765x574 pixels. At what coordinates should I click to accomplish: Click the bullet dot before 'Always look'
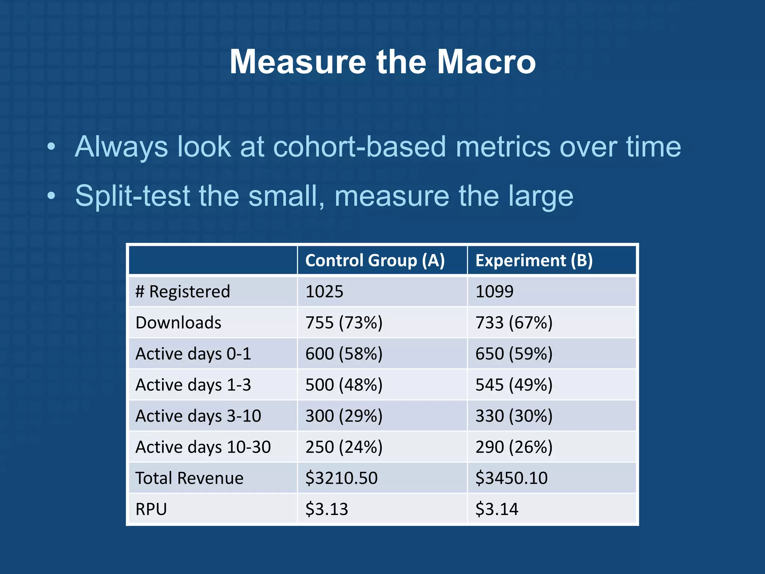pos(51,146)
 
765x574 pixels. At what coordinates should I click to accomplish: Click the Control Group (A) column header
pos(375,260)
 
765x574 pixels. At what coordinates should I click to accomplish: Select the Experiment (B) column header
pos(534,260)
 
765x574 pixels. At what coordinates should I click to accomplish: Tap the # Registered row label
pos(183,291)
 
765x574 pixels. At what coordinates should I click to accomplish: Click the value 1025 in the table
pos(324,291)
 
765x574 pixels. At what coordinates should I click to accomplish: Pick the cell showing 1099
pos(494,291)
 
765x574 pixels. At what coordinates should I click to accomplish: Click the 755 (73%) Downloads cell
pos(344,323)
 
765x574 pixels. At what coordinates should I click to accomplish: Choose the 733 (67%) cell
pos(514,323)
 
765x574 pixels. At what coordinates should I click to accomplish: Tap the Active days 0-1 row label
pos(193,354)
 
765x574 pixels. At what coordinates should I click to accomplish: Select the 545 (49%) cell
pos(514,385)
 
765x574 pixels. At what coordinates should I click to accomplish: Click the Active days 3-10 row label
pos(198,416)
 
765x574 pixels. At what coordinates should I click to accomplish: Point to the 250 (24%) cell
pos(344,447)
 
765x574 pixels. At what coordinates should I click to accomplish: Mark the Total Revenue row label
pos(189,478)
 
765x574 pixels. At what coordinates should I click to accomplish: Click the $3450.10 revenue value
pos(511,478)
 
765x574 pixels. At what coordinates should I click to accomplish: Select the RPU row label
pos(151,509)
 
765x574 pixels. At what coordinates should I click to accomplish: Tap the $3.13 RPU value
pos(326,509)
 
